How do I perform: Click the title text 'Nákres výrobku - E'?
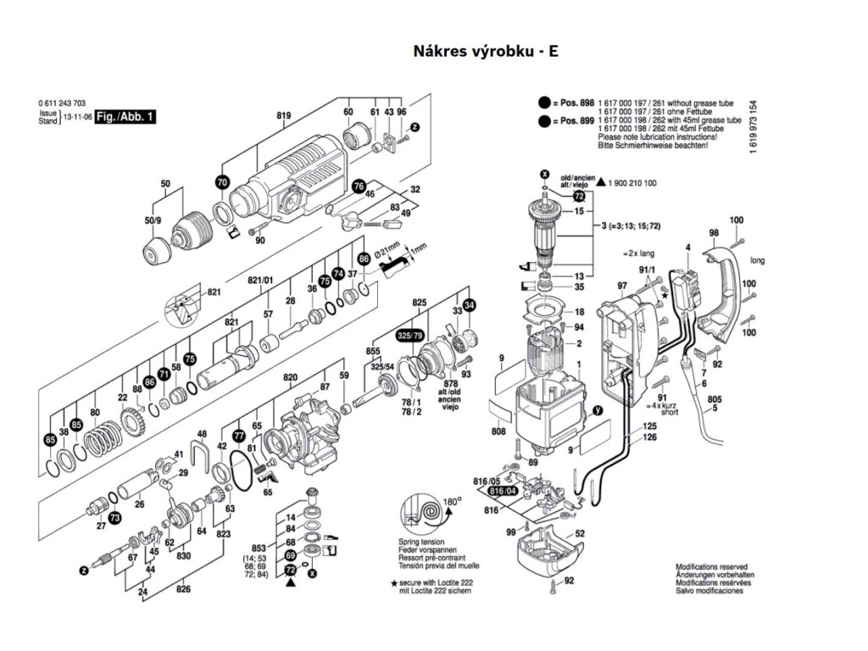click(486, 51)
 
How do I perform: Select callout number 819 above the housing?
click(283, 114)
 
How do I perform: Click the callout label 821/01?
click(260, 281)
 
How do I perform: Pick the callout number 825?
click(419, 303)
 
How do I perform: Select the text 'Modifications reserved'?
click(711, 566)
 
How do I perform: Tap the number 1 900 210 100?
click(632, 183)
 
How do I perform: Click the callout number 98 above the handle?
click(714, 232)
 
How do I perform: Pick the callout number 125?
click(649, 426)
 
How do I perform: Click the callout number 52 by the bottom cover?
click(580, 534)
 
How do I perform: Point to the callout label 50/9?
click(153, 220)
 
